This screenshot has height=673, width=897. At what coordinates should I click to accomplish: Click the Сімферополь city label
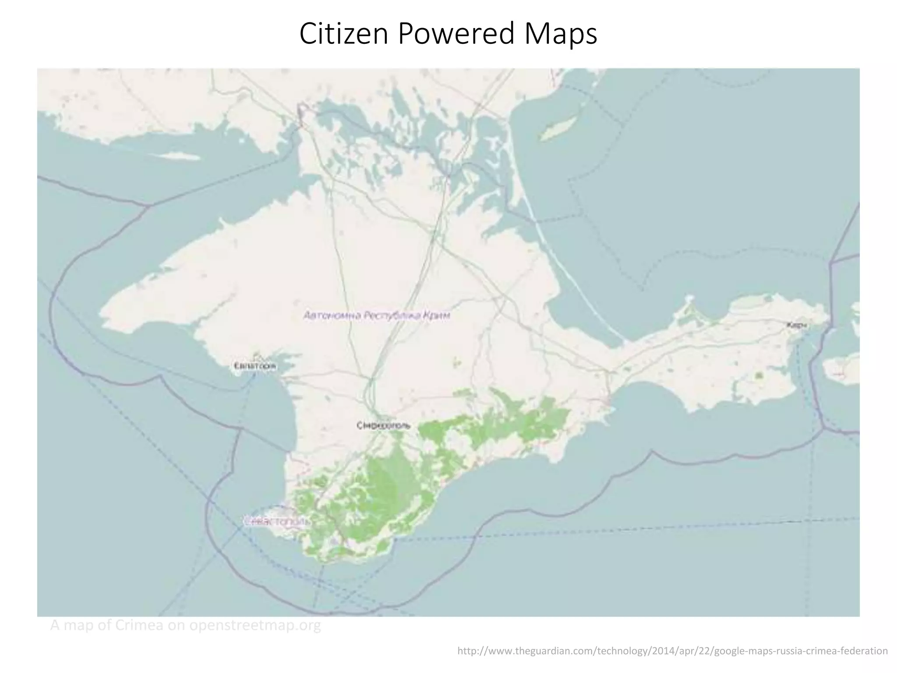[384, 425]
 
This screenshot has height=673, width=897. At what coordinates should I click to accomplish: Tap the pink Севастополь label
[277, 521]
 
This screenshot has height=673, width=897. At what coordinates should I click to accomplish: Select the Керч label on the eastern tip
[797, 325]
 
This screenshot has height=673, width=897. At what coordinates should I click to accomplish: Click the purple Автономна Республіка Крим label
[377, 315]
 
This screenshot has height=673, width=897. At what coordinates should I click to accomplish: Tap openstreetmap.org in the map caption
[255, 625]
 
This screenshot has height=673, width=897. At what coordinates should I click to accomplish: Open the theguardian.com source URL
[672, 651]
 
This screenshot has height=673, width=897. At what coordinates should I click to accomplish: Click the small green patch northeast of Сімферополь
[458, 363]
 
